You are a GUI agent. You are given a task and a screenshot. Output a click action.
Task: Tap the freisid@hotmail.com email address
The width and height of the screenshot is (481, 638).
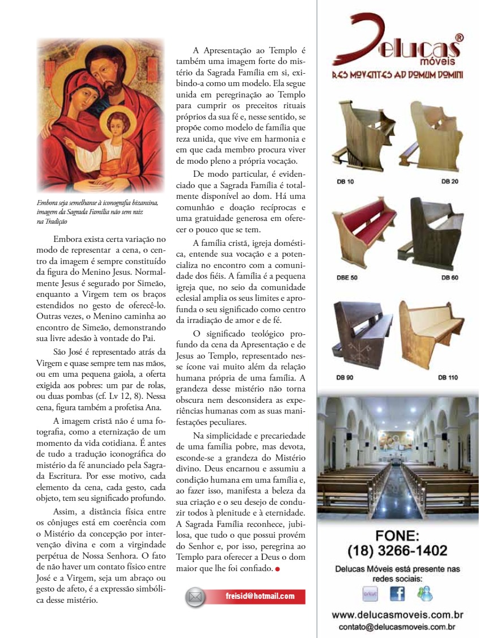pyautogui.click(x=260, y=596)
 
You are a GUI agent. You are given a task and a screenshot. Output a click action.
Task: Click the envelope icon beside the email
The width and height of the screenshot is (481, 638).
pyautogui.click(x=196, y=597)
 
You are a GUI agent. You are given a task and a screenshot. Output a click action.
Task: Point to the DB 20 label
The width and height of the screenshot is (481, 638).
pyautogui.click(x=450, y=181)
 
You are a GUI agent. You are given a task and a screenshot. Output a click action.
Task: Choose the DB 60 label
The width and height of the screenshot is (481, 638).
pyautogui.click(x=450, y=278)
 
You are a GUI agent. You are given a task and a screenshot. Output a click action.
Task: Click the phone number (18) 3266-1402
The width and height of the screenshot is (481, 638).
pyautogui.click(x=397, y=550)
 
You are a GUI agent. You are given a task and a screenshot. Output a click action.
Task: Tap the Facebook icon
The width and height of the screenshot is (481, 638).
pyautogui.click(x=397, y=593)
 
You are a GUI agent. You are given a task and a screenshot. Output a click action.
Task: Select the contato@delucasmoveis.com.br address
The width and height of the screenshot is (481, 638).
pyautogui.click(x=397, y=627)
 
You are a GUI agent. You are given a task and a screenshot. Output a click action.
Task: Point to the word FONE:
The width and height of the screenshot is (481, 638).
pyautogui.click(x=397, y=535)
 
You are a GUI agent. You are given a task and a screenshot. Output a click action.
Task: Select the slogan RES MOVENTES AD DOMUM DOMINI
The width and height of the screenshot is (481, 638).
pyautogui.click(x=397, y=75)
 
